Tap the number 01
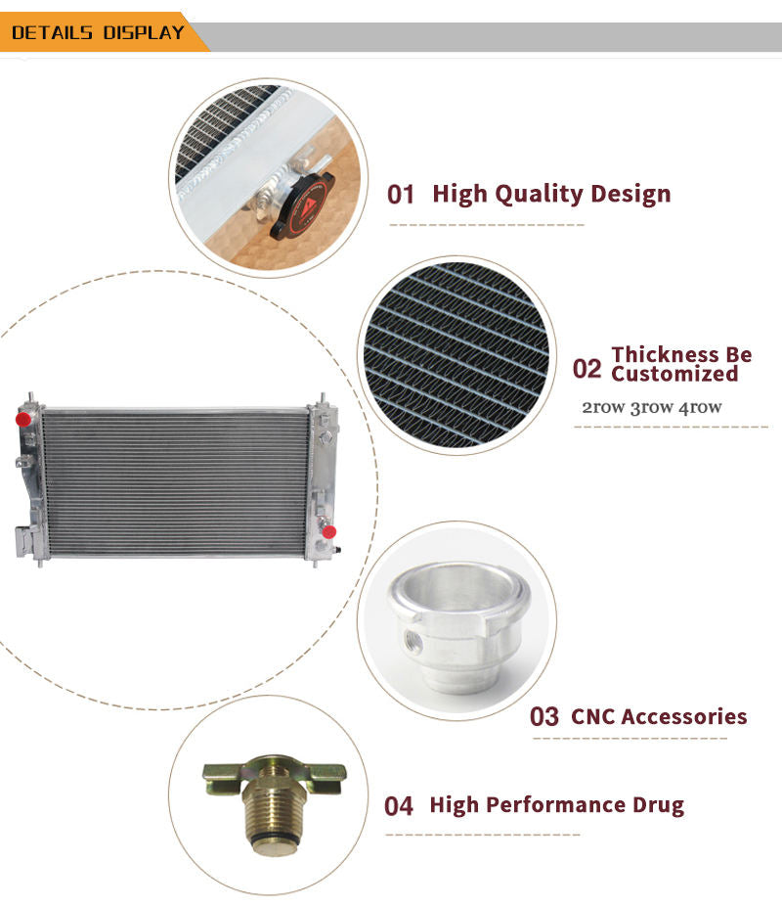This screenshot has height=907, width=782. pos(401,195)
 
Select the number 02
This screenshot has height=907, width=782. pos(586,369)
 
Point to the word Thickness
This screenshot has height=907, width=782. pos(660,354)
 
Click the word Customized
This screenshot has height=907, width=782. pos(674,374)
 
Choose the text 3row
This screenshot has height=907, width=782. pos(651,407)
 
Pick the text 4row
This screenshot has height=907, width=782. pos(700,407)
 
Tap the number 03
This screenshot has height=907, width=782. pos(543,716)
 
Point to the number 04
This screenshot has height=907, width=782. pos(399,806)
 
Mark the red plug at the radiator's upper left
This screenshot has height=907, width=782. pos(23,419)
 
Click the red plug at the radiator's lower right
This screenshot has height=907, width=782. pos(328,531)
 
